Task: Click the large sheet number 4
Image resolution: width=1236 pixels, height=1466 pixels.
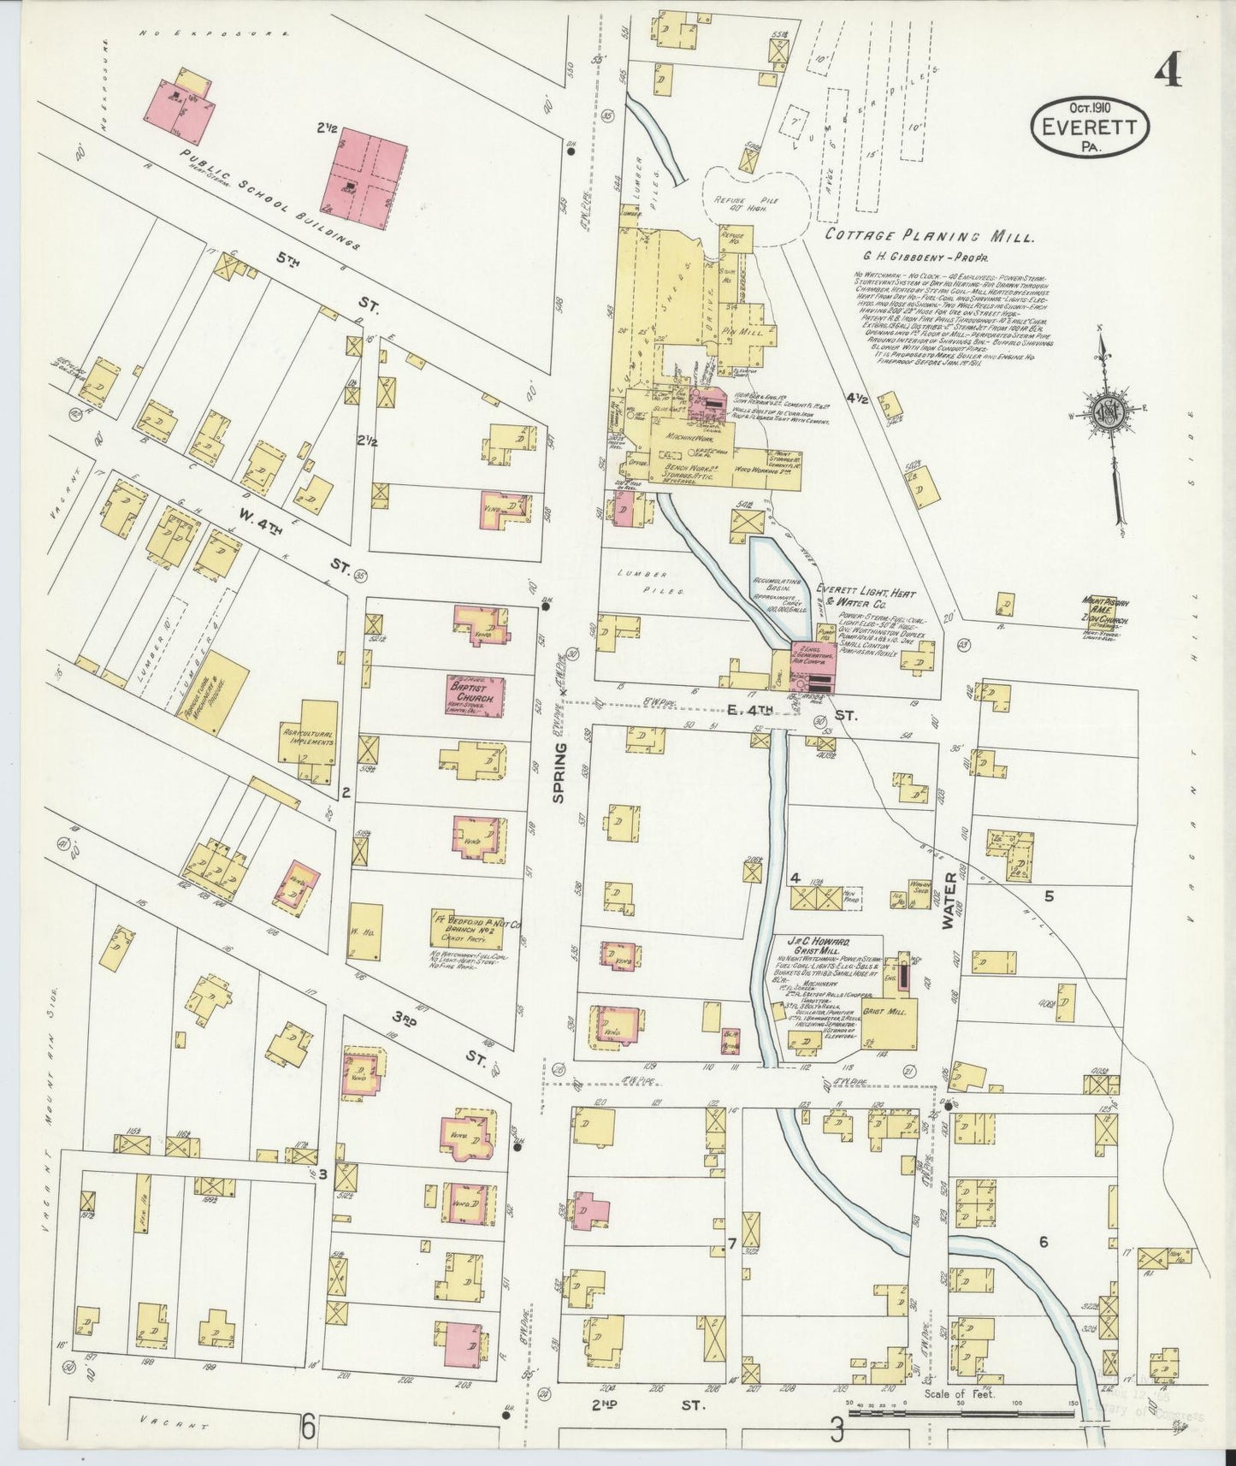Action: (1168, 70)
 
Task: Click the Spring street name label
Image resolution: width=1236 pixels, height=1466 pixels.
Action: (559, 771)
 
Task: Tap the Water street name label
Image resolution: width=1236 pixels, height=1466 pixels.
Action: (948, 903)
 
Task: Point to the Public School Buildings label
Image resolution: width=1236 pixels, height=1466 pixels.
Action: (269, 198)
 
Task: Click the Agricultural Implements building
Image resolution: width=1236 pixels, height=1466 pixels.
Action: (308, 740)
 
